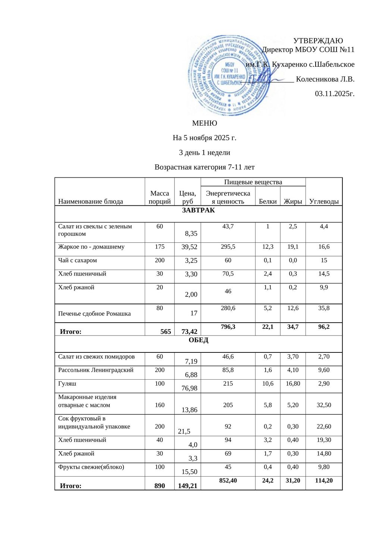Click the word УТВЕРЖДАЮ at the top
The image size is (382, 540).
click(x=318, y=41)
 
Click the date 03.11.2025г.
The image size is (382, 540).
click(x=334, y=94)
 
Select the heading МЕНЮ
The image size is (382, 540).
click(x=204, y=123)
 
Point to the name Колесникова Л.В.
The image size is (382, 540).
click(x=325, y=79)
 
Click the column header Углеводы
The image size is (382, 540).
click(x=324, y=201)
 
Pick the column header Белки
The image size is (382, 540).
click(x=267, y=201)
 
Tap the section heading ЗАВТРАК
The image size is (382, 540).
click(x=198, y=210)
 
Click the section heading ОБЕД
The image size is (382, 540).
click(x=198, y=340)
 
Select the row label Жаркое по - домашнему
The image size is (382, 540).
click(x=91, y=247)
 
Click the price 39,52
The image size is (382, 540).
click(x=189, y=247)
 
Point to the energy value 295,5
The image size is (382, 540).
click(x=228, y=247)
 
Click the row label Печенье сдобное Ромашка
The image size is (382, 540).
click(x=94, y=314)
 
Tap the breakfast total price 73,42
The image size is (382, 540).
click(x=189, y=332)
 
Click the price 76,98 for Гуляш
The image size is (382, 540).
click(x=189, y=388)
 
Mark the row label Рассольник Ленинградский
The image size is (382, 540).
click(x=96, y=370)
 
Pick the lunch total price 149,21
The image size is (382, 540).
click(x=188, y=486)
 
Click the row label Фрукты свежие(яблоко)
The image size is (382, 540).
click(x=91, y=467)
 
